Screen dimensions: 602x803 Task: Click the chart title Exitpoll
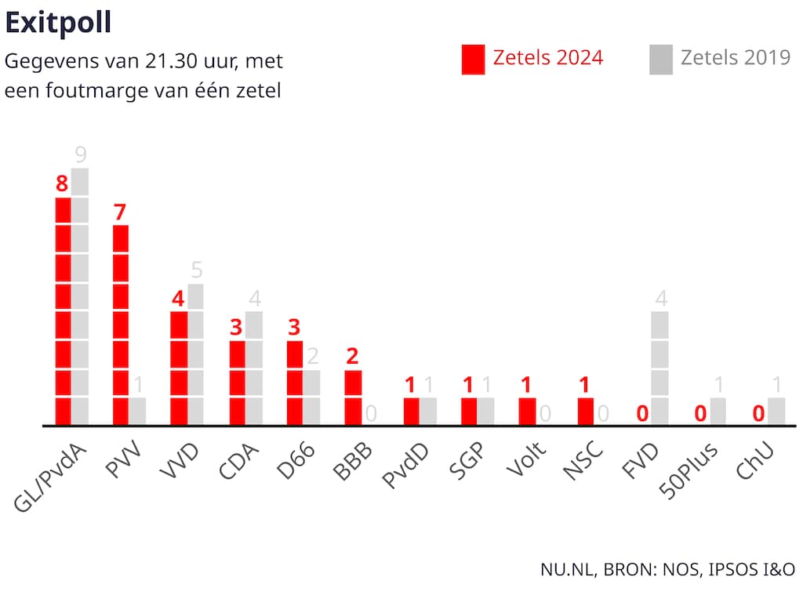(x=58, y=24)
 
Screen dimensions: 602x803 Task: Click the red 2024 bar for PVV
(x=121, y=325)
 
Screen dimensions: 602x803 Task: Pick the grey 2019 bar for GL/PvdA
(x=80, y=296)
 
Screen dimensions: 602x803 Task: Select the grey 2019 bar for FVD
(x=660, y=368)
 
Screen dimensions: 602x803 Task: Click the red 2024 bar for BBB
(x=353, y=397)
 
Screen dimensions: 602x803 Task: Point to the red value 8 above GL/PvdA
(x=62, y=184)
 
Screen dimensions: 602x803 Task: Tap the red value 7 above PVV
(x=120, y=212)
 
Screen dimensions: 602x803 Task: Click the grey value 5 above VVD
(x=196, y=270)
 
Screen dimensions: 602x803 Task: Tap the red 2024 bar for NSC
(x=585, y=411)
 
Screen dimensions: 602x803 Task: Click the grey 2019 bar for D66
(x=312, y=397)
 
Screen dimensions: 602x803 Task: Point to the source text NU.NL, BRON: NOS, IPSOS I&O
(x=667, y=570)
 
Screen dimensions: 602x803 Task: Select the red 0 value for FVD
(x=642, y=413)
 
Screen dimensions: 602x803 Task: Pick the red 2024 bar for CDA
(x=237, y=383)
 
